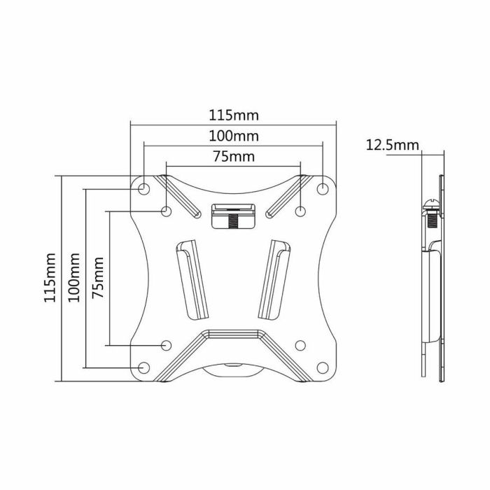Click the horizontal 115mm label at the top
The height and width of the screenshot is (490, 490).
[x=234, y=114]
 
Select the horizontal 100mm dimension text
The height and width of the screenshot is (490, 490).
[x=234, y=135]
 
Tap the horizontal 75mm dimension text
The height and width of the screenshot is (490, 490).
[x=234, y=156]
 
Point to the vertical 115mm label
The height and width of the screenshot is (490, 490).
[x=50, y=277]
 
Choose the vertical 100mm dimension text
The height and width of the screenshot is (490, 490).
[x=74, y=277]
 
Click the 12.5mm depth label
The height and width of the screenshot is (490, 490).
[x=392, y=145]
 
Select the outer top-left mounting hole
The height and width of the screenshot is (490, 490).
[x=143, y=188]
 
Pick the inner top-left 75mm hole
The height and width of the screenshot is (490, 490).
[x=167, y=211]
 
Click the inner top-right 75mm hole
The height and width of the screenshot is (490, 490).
[x=300, y=211]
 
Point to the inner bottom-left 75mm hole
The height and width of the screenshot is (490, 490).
[x=167, y=344]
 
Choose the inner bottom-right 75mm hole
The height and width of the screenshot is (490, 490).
[x=300, y=344]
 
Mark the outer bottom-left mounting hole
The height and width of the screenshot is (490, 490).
[x=143, y=367]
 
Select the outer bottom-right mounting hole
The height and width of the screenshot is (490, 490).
[x=323, y=367]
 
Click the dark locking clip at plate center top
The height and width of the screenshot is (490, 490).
[x=233, y=216]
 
